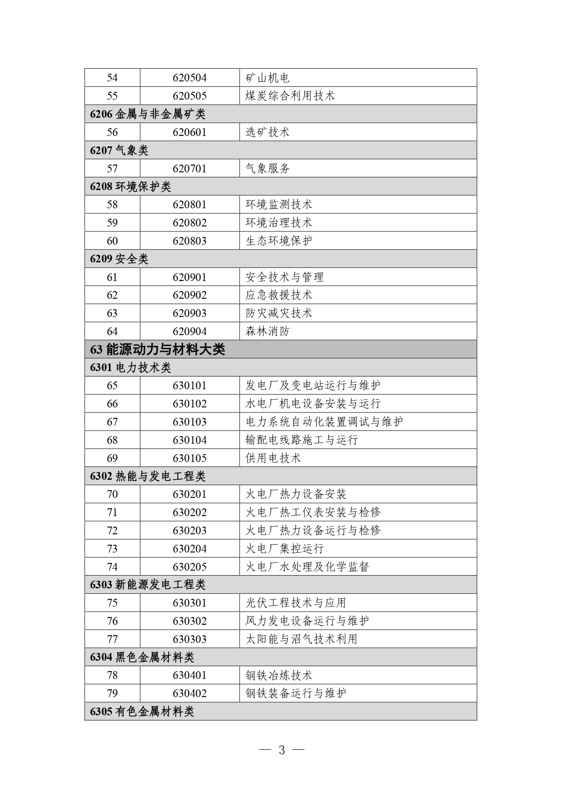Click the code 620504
tap(190, 78)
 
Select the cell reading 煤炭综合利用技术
tap(290, 96)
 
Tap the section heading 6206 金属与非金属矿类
tap(148, 114)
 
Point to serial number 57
tap(112, 169)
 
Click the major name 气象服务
tap(268, 169)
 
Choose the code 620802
tap(190, 223)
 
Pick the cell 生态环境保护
tap(279, 241)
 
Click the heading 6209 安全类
tap(119, 259)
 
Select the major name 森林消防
tap(268, 331)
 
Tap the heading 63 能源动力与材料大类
tap(158, 349)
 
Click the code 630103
tap(190, 422)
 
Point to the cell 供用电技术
tap(273, 458)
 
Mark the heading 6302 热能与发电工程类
tap(148, 477)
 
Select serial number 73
tap(112, 549)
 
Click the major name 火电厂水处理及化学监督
tap(307, 567)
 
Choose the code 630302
tap(190, 621)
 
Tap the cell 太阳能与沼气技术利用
tap(301, 639)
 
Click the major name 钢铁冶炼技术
tap(279, 676)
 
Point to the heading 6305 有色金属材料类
tap(142, 712)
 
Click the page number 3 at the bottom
tap(282, 750)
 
